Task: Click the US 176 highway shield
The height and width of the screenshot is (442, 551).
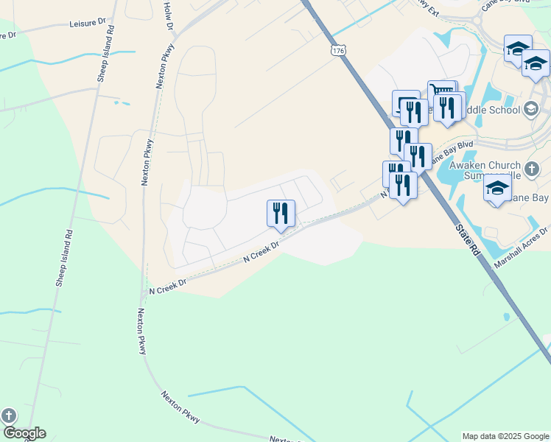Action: click(x=337, y=49)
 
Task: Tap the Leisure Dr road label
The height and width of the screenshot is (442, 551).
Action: click(x=88, y=24)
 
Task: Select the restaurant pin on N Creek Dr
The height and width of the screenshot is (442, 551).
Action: click(x=281, y=213)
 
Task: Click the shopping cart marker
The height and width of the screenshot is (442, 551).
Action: click(x=441, y=93)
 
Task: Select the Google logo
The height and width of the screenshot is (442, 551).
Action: click(x=24, y=433)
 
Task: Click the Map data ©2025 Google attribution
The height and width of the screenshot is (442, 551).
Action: click(x=505, y=436)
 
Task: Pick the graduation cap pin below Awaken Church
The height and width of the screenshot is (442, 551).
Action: click(x=497, y=188)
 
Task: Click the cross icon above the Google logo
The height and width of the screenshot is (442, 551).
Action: click(x=8, y=415)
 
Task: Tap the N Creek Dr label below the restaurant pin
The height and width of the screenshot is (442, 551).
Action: click(x=262, y=252)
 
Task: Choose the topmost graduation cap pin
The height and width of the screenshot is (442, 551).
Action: click(x=517, y=49)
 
